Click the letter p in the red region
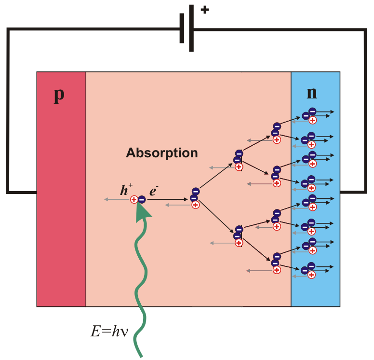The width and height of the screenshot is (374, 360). click(59, 95)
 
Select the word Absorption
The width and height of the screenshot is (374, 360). click(162, 153)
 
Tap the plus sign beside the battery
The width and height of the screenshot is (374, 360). click(205, 9)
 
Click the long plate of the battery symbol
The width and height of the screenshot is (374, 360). click(192, 28)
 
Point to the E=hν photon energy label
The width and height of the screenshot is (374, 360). click(108, 331)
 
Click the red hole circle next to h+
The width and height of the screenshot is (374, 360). click(134, 199)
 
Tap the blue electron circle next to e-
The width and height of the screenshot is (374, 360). click(142, 199)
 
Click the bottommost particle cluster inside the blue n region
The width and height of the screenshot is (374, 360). click(310, 270)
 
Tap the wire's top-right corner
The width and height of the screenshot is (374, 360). click(365, 30)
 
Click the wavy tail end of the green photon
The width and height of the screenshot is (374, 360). click(141, 355)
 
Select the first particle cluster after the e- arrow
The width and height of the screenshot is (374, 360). click(194, 198)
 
